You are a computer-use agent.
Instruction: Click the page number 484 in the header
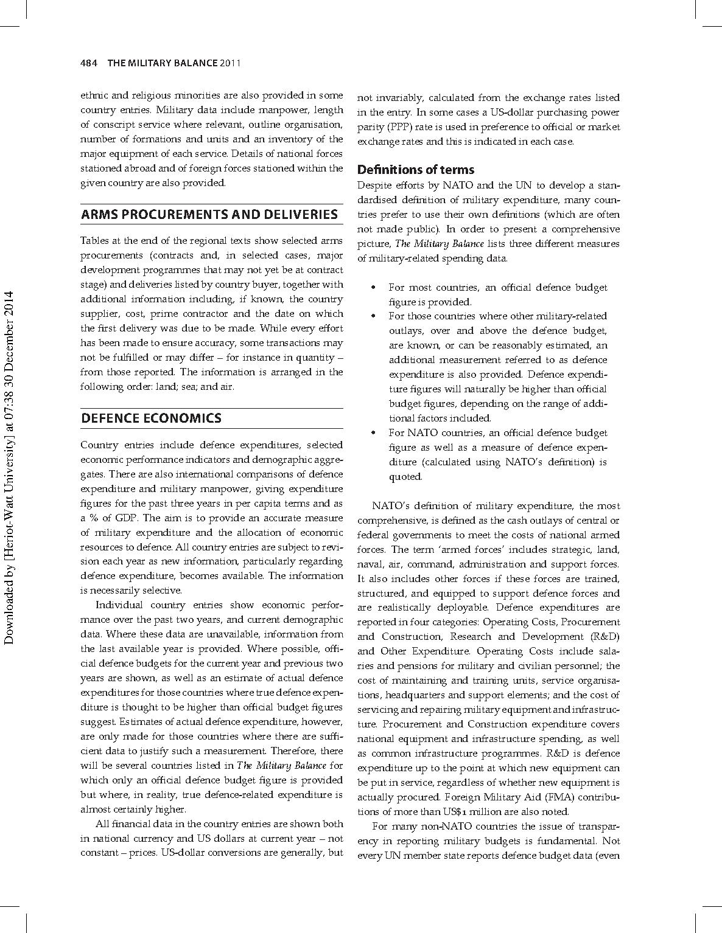(x=89, y=63)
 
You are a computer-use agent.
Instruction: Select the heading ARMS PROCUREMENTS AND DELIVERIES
(x=209, y=214)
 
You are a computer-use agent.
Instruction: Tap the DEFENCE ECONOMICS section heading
(x=151, y=418)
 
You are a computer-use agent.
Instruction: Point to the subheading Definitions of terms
(x=416, y=169)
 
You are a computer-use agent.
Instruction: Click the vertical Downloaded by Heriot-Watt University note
(x=9, y=467)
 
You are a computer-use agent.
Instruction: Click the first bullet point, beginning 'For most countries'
(x=497, y=294)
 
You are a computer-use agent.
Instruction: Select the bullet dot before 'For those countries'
(x=373, y=316)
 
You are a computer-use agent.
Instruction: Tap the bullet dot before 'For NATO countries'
(x=373, y=433)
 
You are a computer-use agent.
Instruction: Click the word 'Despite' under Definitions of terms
(x=373, y=186)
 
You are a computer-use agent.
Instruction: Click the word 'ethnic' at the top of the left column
(x=93, y=95)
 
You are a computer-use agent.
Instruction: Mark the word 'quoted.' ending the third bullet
(x=405, y=477)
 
